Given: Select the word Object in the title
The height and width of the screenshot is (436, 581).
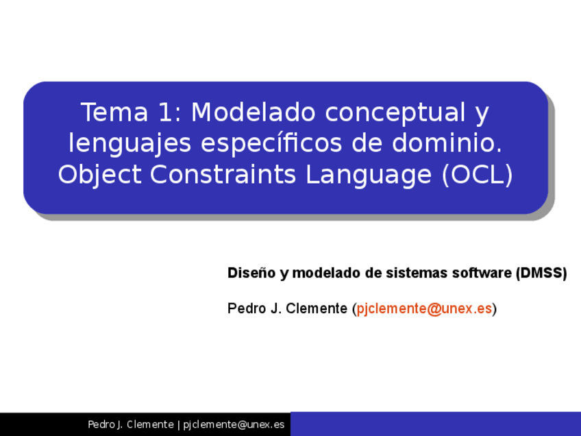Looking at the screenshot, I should click(x=100, y=175).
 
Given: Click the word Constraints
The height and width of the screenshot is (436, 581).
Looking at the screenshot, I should click(x=223, y=175).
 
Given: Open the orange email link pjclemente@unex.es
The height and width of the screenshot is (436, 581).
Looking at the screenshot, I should click(x=424, y=308).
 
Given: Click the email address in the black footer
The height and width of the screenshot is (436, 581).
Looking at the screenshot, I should click(x=234, y=425).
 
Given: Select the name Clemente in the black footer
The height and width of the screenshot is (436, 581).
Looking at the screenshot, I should click(x=150, y=425).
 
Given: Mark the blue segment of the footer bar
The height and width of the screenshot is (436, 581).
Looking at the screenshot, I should click(x=435, y=424).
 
